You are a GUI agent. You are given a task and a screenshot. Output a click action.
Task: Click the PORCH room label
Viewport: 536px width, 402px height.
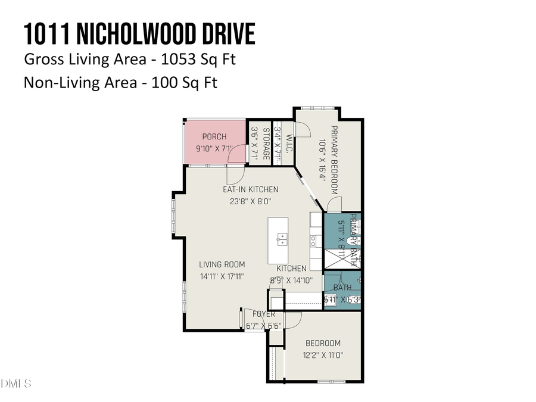point(214,137)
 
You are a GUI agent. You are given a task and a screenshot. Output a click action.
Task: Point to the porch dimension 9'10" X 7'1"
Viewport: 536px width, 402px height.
point(214,148)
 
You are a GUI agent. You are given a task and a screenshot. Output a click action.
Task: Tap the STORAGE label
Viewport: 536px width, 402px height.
point(266,143)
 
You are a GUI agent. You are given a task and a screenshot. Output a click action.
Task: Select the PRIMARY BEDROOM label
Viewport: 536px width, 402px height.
point(334,160)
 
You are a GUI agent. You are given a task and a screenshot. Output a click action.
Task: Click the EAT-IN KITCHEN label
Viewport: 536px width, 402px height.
point(250,189)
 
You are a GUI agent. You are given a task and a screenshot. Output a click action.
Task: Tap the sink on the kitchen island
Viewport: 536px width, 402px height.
point(282,241)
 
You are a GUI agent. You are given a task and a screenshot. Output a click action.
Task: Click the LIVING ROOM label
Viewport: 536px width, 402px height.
point(222,264)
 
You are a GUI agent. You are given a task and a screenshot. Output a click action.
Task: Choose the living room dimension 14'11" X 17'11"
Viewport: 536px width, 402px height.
point(222,276)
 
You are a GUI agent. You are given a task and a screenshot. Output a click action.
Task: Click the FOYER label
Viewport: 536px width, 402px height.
point(264,314)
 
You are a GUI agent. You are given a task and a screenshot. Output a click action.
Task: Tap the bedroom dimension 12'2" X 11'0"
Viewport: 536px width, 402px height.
point(323,355)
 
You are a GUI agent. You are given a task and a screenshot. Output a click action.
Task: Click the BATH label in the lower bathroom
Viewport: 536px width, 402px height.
point(342,288)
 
